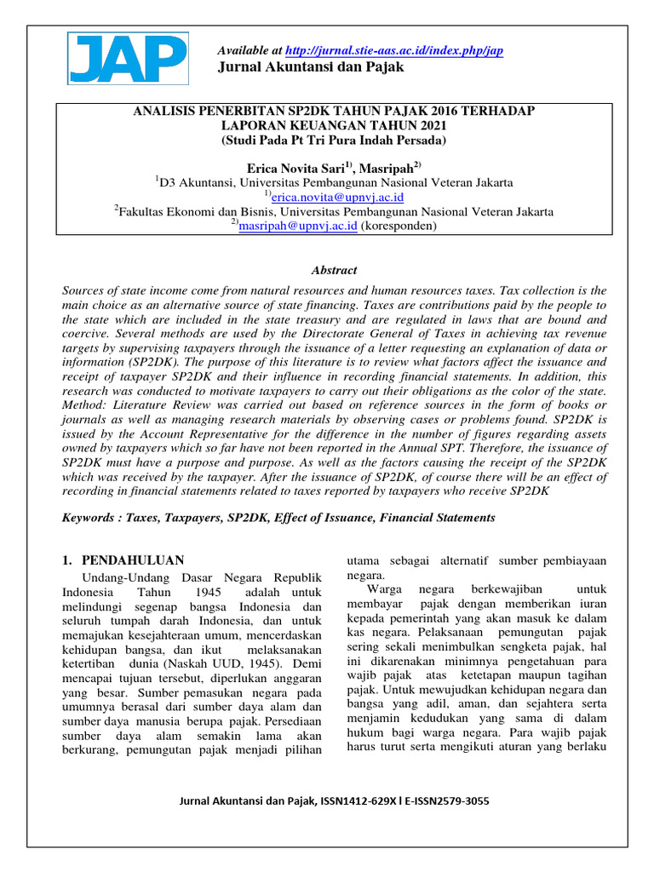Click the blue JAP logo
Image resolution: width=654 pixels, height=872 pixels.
(127, 59)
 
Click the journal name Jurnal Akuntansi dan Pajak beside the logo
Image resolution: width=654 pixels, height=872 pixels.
(312, 68)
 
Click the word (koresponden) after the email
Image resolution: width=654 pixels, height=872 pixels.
(399, 226)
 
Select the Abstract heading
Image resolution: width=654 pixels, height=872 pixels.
(334, 270)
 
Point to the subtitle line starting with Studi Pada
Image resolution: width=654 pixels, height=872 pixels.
(334, 140)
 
